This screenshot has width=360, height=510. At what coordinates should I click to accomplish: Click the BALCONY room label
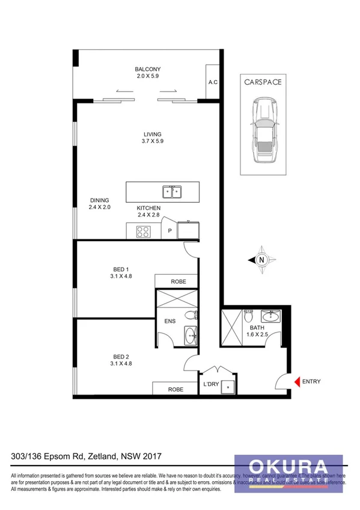147,69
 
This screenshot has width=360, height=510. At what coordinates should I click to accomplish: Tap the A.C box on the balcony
212,82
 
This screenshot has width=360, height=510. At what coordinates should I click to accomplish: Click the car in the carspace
263,134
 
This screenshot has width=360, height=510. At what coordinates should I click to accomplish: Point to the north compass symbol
261,260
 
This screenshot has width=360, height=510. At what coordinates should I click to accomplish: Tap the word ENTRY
311,381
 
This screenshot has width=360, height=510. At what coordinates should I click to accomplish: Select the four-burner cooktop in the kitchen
143,230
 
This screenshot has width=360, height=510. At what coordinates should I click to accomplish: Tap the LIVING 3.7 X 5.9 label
152,138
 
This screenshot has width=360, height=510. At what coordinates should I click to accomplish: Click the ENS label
170,321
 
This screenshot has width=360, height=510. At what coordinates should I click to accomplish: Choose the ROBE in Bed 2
175,389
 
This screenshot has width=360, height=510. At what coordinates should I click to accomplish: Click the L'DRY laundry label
210,384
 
